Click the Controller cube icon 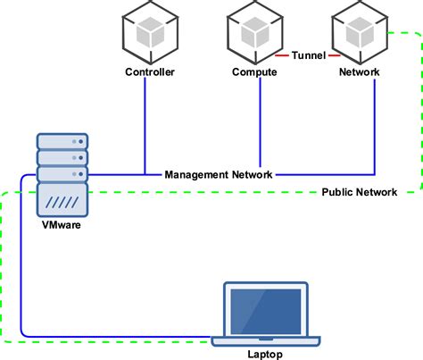click(x=149, y=32)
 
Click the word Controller click(x=149, y=72)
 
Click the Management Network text click(x=219, y=174)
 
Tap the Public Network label click(x=358, y=191)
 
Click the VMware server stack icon click(x=62, y=174)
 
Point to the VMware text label click(x=62, y=226)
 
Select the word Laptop click(x=265, y=354)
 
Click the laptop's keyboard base click(x=266, y=340)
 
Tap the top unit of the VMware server click(x=62, y=141)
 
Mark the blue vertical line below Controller click(x=145, y=125)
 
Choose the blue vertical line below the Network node click(x=375, y=125)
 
